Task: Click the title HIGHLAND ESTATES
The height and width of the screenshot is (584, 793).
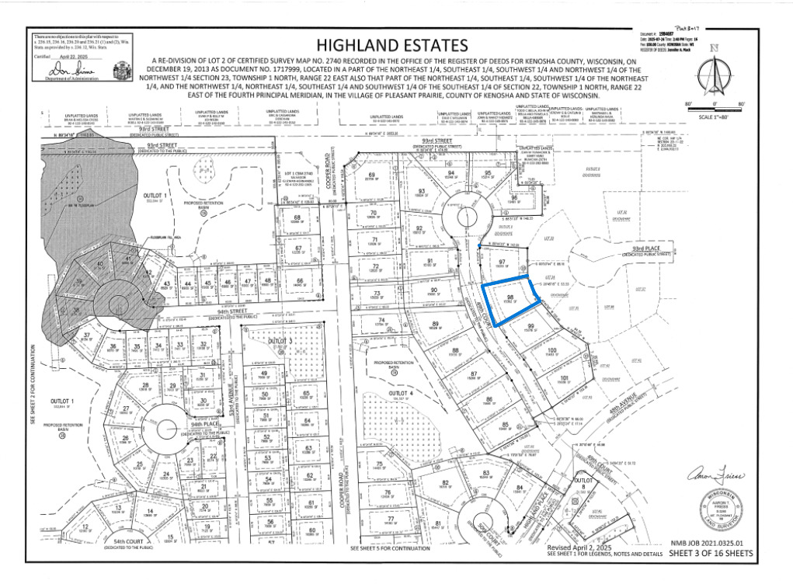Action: [x=392, y=44]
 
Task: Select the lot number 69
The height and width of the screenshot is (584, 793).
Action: [x=372, y=175]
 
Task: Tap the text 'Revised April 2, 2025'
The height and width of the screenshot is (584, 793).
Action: [x=579, y=547]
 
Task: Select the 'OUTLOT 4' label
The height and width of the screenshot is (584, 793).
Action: [x=412, y=394]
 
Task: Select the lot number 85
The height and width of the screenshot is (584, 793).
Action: [x=506, y=424]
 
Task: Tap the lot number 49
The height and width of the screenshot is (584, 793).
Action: [x=263, y=374]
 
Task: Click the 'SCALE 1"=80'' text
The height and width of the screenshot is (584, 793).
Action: [x=715, y=117]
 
